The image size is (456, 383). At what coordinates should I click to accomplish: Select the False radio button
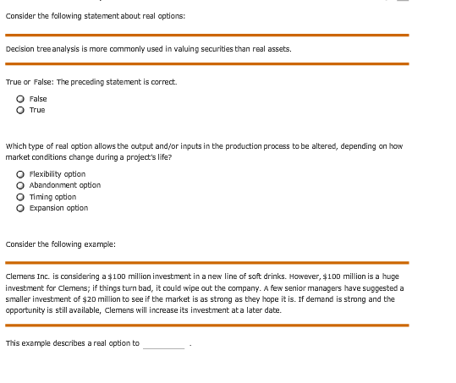(x=19, y=99)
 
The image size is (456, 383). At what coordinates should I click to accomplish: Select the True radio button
(x=19, y=110)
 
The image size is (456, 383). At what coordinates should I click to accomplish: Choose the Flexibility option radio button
(x=19, y=174)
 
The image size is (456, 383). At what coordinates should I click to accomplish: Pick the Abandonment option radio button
(x=19, y=185)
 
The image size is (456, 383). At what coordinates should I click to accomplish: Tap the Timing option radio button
(x=19, y=196)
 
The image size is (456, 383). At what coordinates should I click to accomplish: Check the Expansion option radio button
(x=19, y=207)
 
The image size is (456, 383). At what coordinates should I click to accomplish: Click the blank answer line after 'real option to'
(x=163, y=343)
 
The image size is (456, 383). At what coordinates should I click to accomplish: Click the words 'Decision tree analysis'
(x=33, y=49)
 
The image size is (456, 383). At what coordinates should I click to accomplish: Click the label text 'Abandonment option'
(x=65, y=185)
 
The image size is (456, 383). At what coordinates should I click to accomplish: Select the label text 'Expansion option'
(x=58, y=207)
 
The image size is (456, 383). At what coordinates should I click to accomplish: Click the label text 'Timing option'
(x=52, y=196)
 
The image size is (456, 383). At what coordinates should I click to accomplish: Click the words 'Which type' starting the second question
(x=23, y=146)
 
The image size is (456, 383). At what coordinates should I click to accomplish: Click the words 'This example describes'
(x=47, y=343)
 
